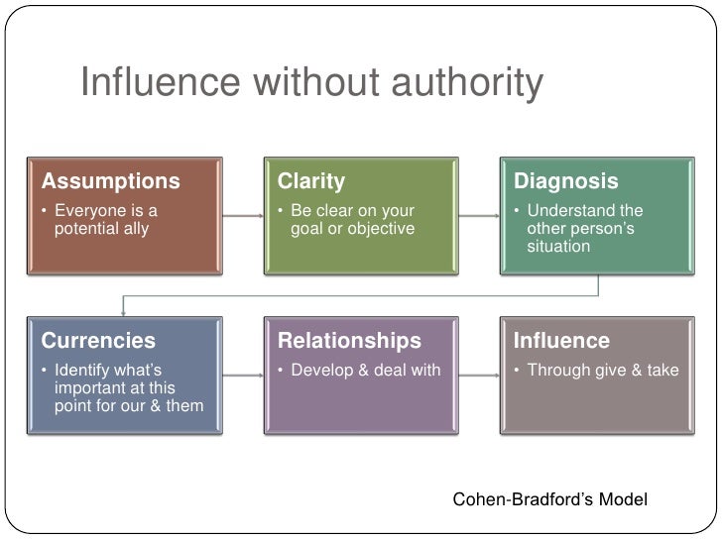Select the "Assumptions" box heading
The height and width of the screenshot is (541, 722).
111,182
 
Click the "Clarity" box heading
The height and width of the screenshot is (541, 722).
311,182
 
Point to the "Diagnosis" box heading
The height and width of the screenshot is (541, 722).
566,182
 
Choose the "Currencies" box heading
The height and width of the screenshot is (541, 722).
98,341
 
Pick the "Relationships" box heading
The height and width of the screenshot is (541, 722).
349,341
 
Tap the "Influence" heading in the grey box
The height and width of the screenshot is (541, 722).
561,341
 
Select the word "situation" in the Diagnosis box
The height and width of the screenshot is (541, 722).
558,246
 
